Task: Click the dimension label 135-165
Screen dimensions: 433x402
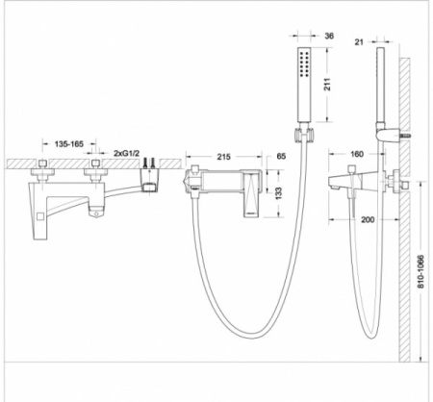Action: click(x=68, y=144)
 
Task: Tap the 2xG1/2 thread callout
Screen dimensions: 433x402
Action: click(x=126, y=153)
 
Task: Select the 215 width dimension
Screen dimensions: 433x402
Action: click(x=223, y=157)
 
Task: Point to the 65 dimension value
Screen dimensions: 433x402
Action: click(x=281, y=157)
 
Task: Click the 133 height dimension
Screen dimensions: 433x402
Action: click(x=278, y=193)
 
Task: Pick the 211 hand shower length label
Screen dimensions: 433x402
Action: click(x=327, y=85)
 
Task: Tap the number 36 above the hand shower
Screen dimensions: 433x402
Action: click(x=329, y=36)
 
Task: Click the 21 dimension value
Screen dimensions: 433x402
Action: click(x=359, y=42)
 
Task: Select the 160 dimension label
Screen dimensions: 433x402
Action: click(x=357, y=154)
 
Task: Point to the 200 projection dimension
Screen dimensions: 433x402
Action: click(x=368, y=219)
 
